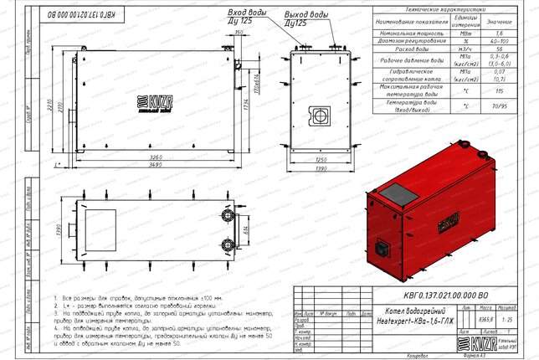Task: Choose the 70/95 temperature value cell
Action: click(x=501, y=107)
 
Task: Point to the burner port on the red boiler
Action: click(x=382, y=248)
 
